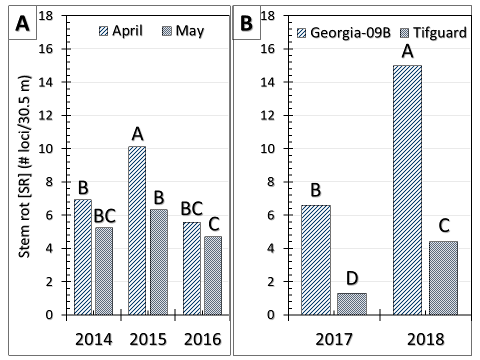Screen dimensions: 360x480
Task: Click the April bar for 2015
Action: [137, 230]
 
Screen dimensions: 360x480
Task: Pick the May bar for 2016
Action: [213, 275]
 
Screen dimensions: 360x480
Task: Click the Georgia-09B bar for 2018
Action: [407, 190]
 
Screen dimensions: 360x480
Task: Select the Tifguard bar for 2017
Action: [351, 304]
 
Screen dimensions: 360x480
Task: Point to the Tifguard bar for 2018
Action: [443, 278]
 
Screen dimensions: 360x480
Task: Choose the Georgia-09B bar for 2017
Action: [315, 260]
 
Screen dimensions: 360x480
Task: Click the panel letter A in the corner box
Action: [21, 23]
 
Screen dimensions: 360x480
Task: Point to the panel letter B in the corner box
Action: [246, 23]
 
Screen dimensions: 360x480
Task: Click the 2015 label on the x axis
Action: [148, 339]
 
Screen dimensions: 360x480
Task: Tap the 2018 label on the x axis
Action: [425, 339]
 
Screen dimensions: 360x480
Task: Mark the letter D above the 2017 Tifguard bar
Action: [352, 278]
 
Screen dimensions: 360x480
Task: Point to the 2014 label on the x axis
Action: [93, 339]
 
